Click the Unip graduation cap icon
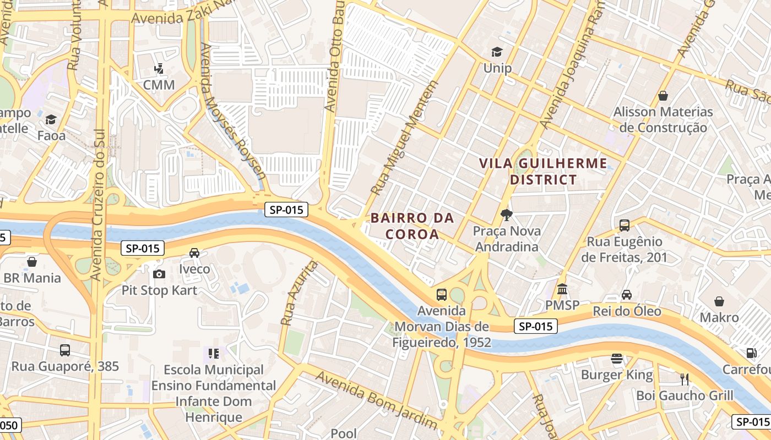(x=497, y=52)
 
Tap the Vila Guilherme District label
(x=543, y=171)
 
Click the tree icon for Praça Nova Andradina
(x=506, y=215)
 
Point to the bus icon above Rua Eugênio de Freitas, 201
(x=624, y=225)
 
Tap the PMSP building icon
(x=562, y=289)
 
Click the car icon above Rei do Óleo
(x=627, y=295)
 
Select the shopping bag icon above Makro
(x=719, y=301)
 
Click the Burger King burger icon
(x=617, y=359)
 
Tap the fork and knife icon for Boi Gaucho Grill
(x=685, y=379)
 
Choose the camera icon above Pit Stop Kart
(x=159, y=274)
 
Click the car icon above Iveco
(x=194, y=253)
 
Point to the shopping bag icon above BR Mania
(x=32, y=261)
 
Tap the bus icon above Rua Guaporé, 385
(x=65, y=350)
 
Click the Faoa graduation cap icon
(x=51, y=119)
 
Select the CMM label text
(x=159, y=85)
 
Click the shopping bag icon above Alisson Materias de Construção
(x=663, y=96)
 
